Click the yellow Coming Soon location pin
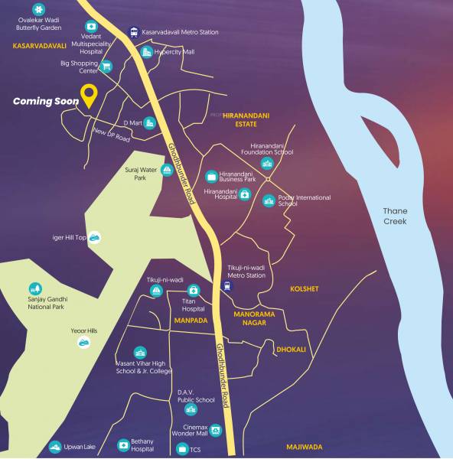(x=90, y=96)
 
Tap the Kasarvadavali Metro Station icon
(x=135, y=32)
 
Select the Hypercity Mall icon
(x=147, y=52)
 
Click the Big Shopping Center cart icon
(x=106, y=66)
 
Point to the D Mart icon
(x=150, y=122)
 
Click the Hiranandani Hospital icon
(x=244, y=194)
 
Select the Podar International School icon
(x=268, y=201)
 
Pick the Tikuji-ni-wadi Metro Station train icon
(x=225, y=287)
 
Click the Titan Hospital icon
(x=194, y=291)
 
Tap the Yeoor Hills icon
(x=83, y=342)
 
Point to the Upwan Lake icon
(x=54, y=447)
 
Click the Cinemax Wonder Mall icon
(x=216, y=430)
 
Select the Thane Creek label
(x=396, y=216)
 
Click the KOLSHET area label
(x=304, y=288)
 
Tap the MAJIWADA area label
(x=305, y=446)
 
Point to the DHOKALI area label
(x=291, y=349)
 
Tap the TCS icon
(x=182, y=448)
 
